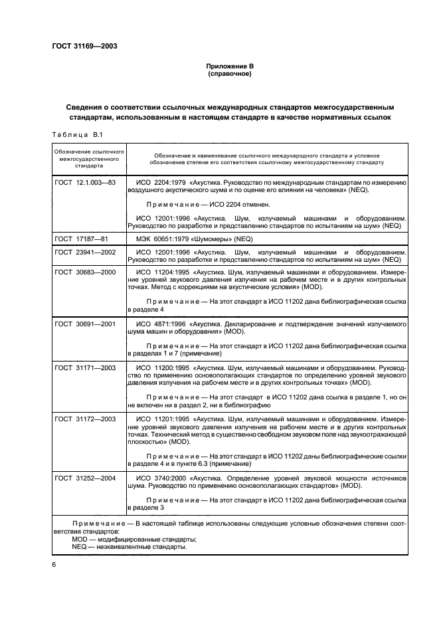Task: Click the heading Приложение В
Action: point(219,66)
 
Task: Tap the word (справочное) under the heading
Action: point(219,74)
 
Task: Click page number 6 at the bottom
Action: point(54,564)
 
